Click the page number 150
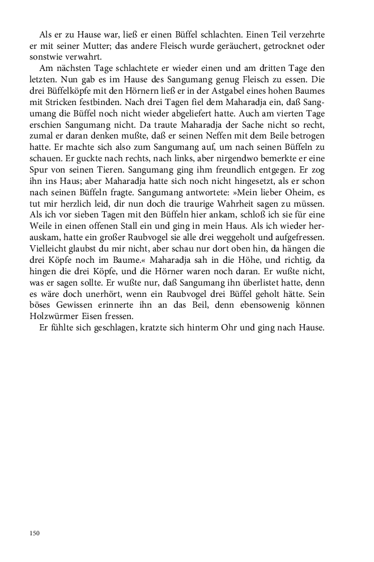tap(34, 532)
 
